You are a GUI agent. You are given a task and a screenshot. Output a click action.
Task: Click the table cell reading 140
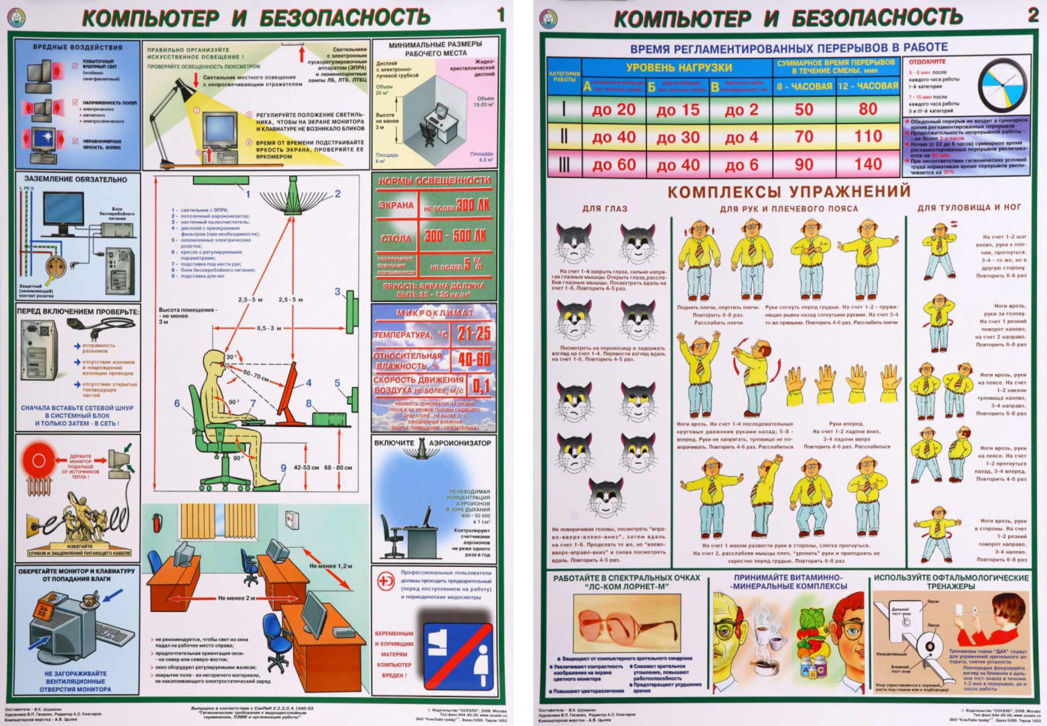pyautogui.click(x=868, y=164)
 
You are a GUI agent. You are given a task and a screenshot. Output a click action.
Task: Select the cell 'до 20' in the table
pyautogui.click(x=613, y=110)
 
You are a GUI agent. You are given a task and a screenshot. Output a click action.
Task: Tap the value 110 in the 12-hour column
pyautogui.click(x=868, y=137)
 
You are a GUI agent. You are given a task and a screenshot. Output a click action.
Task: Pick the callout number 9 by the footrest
pyautogui.click(x=283, y=468)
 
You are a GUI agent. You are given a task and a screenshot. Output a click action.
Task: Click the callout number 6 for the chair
pyautogui.click(x=177, y=403)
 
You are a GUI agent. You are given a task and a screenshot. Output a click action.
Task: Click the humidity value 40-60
pyautogui.click(x=474, y=360)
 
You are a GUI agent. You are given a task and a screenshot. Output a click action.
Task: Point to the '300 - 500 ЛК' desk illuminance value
pyautogui.click(x=455, y=235)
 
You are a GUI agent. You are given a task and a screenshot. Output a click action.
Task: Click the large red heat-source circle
pyautogui.click(x=39, y=461)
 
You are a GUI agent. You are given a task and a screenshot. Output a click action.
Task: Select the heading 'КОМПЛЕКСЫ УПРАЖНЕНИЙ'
pyautogui.click(x=789, y=191)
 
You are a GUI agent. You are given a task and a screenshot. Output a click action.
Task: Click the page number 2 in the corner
pyautogui.click(x=1033, y=15)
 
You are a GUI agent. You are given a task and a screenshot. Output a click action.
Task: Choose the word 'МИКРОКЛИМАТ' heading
pyautogui.click(x=435, y=313)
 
